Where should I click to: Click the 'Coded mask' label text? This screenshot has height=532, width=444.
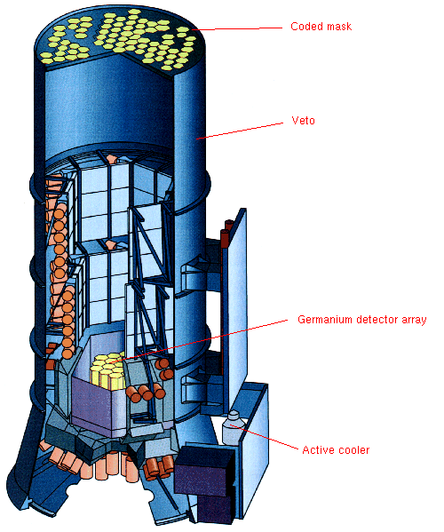pyautogui.click(x=321, y=27)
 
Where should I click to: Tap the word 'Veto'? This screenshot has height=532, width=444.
pyautogui.click(x=303, y=121)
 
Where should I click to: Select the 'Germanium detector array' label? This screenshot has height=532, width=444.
pyautogui.click(x=362, y=320)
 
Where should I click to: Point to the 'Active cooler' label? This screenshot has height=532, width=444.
pyautogui.click(x=336, y=450)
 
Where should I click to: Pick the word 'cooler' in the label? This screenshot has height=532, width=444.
pyautogui.click(x=353, y=450)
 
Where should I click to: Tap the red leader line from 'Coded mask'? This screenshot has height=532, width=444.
pyautogui.click(x=237, y=28)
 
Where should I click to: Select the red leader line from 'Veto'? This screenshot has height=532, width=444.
pyautogui.click(x=240, y=131)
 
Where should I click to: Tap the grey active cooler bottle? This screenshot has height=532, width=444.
pyautogui.click(x=233, y=427)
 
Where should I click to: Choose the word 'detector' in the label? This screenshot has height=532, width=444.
pyautogui.click(x=377, y=320)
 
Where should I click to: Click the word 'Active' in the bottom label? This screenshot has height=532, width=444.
pyautogui.click(x=318, y=450)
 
